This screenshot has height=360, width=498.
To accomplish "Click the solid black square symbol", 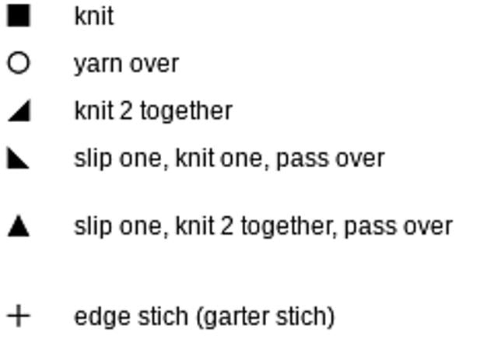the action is [19, 16].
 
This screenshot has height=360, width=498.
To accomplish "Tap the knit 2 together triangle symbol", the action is [19, 112].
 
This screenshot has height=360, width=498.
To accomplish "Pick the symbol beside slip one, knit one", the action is [18, 159].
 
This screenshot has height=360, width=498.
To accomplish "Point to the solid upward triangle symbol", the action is [19, 227].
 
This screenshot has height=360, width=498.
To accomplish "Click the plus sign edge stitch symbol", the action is [19, 316].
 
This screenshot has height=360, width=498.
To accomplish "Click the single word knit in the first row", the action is [94, 16].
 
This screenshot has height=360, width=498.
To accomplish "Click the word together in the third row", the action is [187, 111].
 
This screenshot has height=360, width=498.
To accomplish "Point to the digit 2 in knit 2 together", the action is [126, 110].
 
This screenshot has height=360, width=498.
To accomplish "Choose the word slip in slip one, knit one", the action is [93, 159].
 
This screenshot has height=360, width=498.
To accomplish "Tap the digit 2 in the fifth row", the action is [226, 226].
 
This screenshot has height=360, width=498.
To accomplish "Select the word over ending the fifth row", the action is [428, 227].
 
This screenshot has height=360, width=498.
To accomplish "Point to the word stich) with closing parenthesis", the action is [305, 316].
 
